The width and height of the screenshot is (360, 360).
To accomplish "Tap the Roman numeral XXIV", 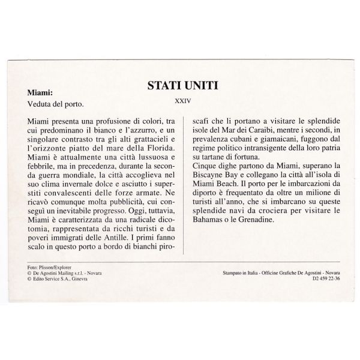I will [x=180, y=101].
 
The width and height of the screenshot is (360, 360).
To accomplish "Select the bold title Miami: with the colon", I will [x=40, y=94].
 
